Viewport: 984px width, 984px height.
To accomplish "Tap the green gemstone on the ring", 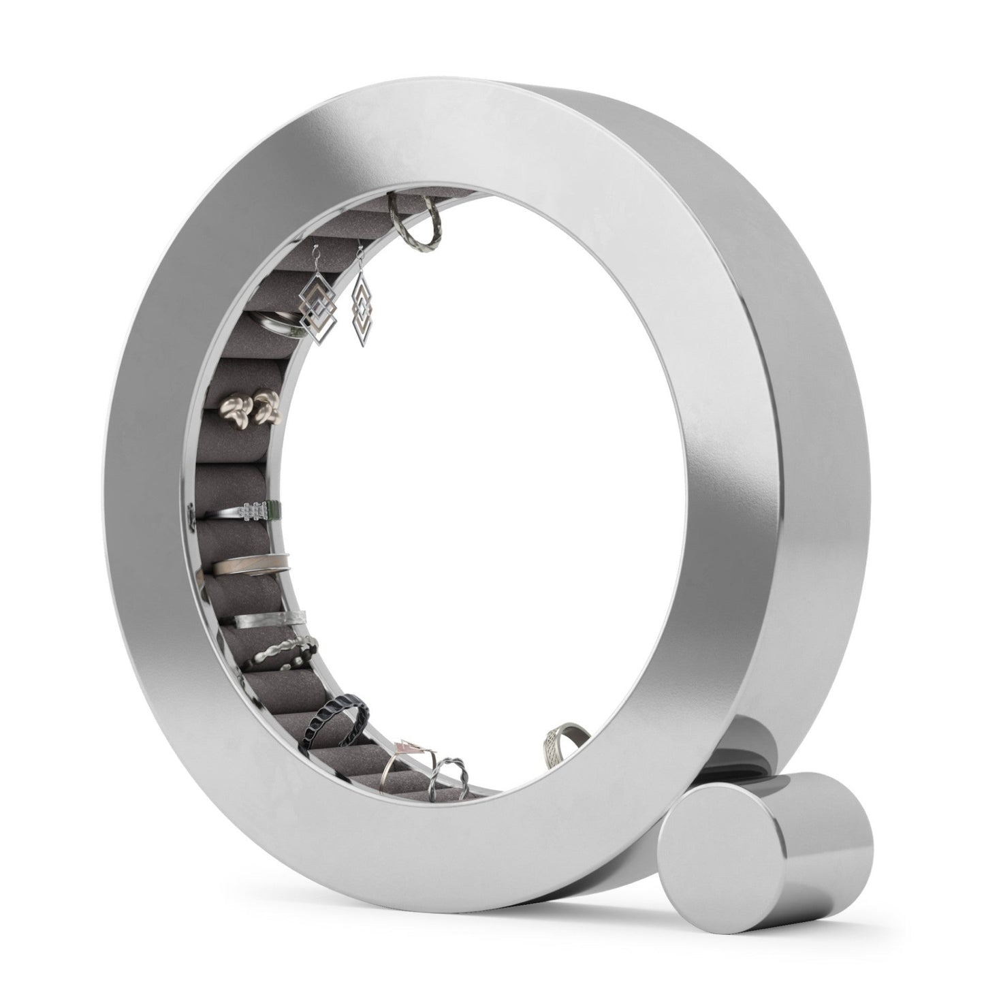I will click(271, 509).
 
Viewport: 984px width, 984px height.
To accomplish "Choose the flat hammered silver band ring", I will click(269, 618).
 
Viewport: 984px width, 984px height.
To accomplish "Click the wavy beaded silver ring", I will click(285, 651).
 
